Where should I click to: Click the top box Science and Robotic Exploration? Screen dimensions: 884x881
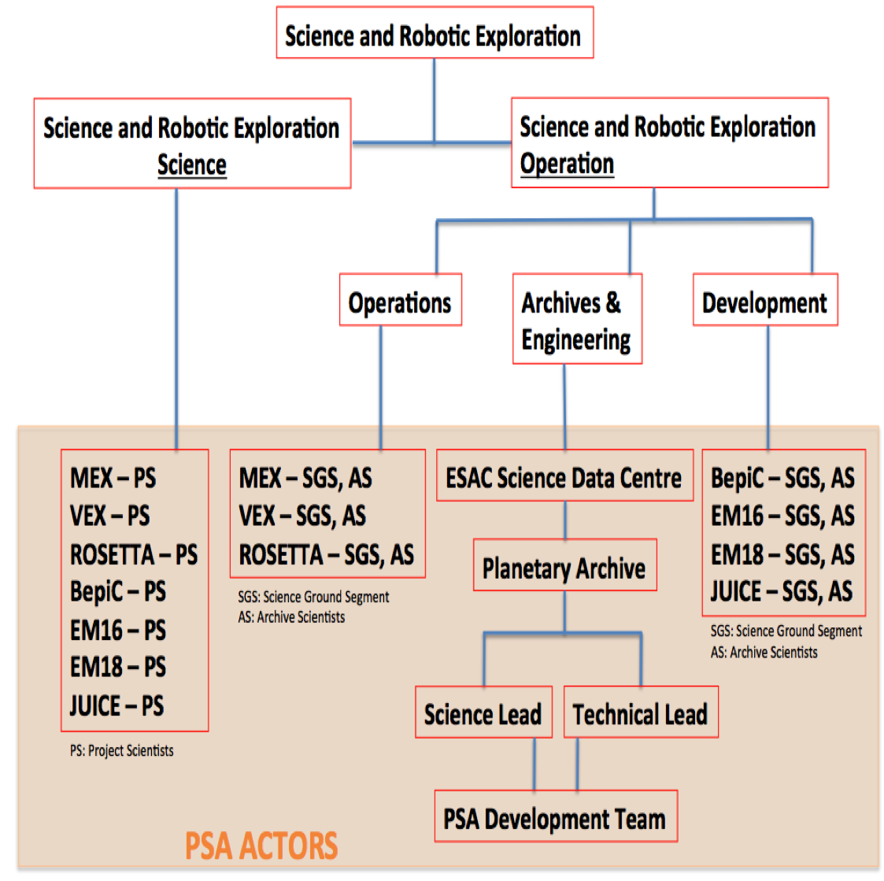pyautogui.click(x=435, y=32)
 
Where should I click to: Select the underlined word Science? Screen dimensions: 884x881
pyautogui.click(x=192, y=165)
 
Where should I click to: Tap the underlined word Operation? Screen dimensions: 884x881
pyautogui.click(x=567, y=164)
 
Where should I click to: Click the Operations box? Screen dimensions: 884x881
pyautogui.click(x=401, y=299)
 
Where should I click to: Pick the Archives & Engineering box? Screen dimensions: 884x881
pyautogui.click(x=577, y=319)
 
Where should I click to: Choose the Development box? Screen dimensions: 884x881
pyautogui.click(x=765, y=299)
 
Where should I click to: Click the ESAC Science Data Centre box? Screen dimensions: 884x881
pyautogui.click(x=564, y=475)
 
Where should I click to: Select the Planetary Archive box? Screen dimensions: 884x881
pyautogui.click(x=564, y=565)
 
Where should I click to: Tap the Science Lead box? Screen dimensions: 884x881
pyautogui.click(x=483, y=712)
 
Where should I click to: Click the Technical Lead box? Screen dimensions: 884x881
pyautogui.click(x=641, y=712)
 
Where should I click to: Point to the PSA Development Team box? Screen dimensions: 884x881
pyautogui.click(x=555, y=816)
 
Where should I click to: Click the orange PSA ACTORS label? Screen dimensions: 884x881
pyautogui.click(x=261, y=846)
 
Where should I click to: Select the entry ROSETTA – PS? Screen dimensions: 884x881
pyautogui.click(x=134, y=554)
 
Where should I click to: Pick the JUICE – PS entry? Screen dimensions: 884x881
pyautogui.click(x=117, y=705)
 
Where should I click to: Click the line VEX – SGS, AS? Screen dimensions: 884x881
pyautogui.click(x=302, y=516)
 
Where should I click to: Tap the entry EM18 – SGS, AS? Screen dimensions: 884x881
pyautogui.click(x=782, y=554)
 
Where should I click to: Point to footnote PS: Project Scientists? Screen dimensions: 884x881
pyautogui.click(x=122, y=751)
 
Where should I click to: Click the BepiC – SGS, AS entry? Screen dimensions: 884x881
pyautogui.click(x=782, y=478)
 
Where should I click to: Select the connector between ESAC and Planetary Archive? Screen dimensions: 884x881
pyautogui.click(x=565, y=520)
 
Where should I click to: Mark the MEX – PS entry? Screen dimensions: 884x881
pyautogui.click(x=113, y=478)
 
